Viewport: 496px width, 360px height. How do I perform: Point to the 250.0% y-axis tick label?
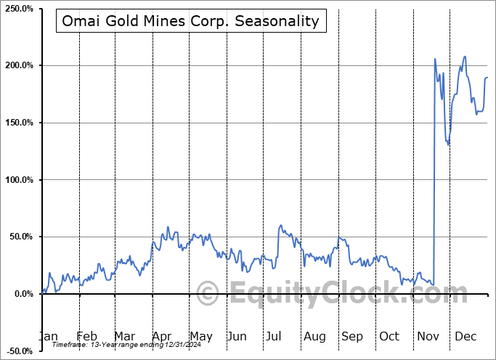coord(19,9)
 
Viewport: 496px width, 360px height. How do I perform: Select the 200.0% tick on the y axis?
coord(19,66)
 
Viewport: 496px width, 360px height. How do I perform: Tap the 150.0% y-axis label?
coord(19,123)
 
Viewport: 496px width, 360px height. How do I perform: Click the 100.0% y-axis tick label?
coord(19,180)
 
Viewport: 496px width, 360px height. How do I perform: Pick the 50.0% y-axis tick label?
coord(20,237)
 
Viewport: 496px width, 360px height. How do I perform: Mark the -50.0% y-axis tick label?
coord(19,351)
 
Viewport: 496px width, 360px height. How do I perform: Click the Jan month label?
coord(48,337)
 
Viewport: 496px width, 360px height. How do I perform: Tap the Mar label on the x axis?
coord(124,337)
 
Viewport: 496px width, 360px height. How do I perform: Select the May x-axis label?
coord(200,337)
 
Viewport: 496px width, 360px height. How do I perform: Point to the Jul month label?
coord(275,337)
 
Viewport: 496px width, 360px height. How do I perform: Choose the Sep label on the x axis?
coord(351,337)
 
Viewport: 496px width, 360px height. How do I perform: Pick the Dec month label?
coord(465,337)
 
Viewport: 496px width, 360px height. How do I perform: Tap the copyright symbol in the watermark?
coord(208,293)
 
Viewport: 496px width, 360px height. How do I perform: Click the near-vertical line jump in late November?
coord(434,174)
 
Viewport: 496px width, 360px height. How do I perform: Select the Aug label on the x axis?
coord(314,337)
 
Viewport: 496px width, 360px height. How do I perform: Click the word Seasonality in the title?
coord(279,20)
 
